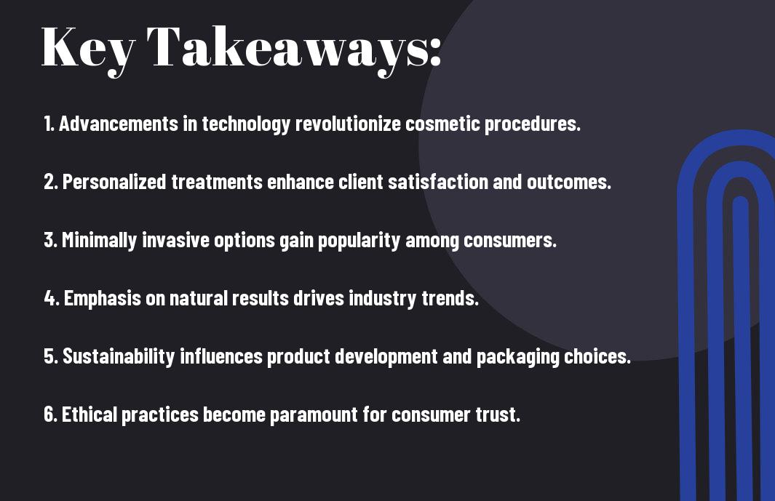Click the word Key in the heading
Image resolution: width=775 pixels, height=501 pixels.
click(88, 50)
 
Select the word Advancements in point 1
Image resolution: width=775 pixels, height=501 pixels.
click(119, 124)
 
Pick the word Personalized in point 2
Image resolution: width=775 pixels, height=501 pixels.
click(114, 182)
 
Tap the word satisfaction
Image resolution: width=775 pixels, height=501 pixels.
click(438, 182)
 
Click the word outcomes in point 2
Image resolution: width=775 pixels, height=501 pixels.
click(569, 182)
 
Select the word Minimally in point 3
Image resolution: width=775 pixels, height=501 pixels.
click(100, 240)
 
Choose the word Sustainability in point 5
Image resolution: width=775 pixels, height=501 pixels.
click(119, 357)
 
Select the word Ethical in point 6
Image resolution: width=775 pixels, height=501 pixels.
click(90, 414)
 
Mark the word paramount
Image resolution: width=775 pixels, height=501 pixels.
click(314, 415)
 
